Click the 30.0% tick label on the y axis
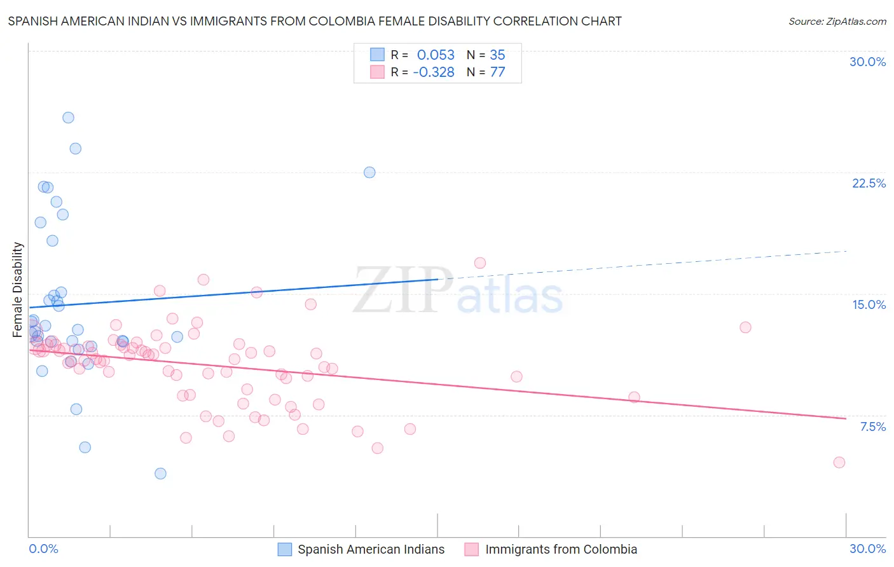tap(867, 62)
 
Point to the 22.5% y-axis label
tap(869, 183)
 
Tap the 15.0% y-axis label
tap(869, 304)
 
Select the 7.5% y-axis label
tap(872, 427)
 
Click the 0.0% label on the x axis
tap(43, 549)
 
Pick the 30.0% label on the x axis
tap(867, 549)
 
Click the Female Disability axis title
tap(18, 289)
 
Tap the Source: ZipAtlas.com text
tap(837, 21)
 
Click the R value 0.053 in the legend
tap(436, 55)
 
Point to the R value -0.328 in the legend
tap(433, 72)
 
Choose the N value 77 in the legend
tap(497, 72)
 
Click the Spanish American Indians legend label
tap(371, 549)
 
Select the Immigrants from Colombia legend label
tap(561, 549)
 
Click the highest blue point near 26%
tap(68, 118)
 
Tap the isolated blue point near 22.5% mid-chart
tap(369, 172)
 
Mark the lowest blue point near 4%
tap(160, 474)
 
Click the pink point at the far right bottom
tap(839, 462)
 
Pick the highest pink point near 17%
tap(480, 263)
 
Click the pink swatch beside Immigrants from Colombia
tap(471, 549)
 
